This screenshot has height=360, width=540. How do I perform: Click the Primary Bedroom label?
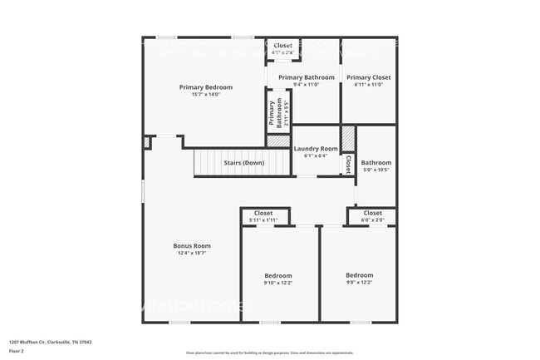point(206,86)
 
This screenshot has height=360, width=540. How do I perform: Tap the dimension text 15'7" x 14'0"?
point(206,94)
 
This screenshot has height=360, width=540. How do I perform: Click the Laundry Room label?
point(316,149)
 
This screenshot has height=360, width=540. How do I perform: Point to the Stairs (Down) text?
point(243,163)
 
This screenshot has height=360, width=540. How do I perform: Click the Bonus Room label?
point(192,245)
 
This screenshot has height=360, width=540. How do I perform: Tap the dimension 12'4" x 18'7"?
point(192,253)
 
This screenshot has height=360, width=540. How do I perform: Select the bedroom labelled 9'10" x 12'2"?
point(278,275)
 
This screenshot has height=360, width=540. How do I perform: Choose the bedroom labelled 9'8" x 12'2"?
point(360,274)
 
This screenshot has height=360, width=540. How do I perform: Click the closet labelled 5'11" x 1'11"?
point(263,213)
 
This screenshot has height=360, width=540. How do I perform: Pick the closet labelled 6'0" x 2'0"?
point(372,213)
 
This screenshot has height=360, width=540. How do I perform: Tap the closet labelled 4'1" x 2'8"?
point(283,46)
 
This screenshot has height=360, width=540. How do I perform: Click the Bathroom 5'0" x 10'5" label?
point(376,163)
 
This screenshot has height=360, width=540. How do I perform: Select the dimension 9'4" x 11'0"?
point(301,85)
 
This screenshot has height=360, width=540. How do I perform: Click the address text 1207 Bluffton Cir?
point(51,342)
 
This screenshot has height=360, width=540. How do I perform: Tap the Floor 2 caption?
point(17,352)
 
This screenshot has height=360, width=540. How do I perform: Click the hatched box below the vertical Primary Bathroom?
point(278,141)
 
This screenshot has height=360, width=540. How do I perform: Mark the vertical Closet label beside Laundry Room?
point(347,164)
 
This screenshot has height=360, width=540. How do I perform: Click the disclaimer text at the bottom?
point(269,353)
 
